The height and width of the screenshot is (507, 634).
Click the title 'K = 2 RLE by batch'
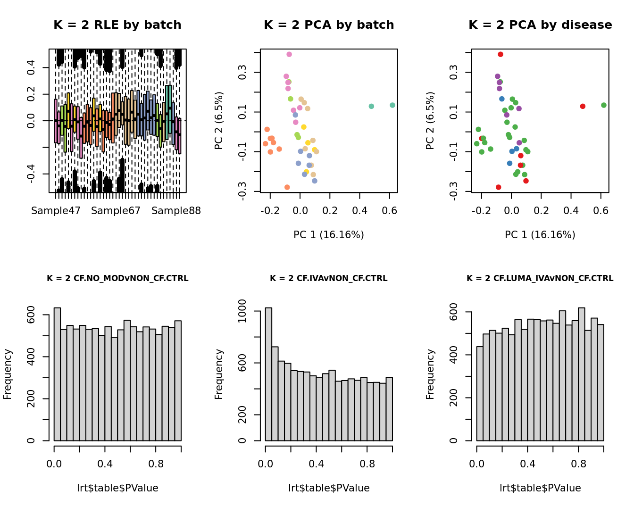tap(117, 25)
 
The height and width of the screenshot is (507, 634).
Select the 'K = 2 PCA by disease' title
tap(540, 25)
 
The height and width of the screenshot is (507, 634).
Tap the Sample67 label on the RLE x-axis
tap(116, 211)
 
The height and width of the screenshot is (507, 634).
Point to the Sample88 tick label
tap(176, 211)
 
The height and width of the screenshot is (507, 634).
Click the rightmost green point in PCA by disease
tap(604, 105)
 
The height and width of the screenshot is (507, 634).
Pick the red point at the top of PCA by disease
tap(501, 54)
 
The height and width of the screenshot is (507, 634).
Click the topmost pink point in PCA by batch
tap(289, 54)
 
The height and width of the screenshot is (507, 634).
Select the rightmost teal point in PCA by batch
tap(392, 105)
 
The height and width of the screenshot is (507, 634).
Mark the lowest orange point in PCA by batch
tap(287, 187)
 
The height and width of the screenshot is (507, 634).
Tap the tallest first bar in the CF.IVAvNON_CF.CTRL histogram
tap(268, 374)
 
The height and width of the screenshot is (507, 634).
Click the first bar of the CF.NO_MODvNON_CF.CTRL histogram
tap(57, 374)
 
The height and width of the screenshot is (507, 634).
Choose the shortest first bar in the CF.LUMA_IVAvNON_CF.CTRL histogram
tap(480, 393)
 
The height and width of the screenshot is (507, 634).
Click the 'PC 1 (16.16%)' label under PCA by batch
tap(329, 235)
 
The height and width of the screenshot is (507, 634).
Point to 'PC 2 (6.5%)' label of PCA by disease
tap(430, 121)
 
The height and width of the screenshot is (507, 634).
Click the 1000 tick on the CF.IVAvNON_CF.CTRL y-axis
tap(242, 311)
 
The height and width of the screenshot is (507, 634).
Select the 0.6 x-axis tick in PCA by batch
tap(389, 211)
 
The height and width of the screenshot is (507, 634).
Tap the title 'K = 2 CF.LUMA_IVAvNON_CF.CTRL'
tap(540, 278)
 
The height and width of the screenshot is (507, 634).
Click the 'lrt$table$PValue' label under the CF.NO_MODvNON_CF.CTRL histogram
tap(117, 488)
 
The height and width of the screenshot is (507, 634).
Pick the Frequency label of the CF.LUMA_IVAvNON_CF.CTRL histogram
tap(430, 374)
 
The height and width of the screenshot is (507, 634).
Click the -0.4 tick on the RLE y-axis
tap(31, 174)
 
